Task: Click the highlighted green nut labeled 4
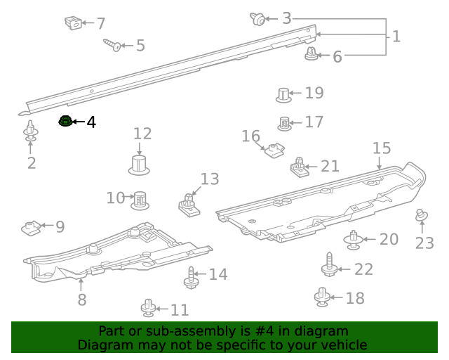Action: [65, 122]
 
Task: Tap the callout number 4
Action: [91, 122]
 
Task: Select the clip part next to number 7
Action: [72, 23]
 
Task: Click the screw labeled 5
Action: [112, 45]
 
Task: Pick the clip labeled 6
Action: [311, 53]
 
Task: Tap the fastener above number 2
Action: [31, 131]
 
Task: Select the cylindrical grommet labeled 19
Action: [283, 94]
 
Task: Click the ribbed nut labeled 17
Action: [285, 123]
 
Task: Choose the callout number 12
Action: [142, 134]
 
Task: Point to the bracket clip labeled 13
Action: [187, 203]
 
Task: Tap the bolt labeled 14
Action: [191, 276]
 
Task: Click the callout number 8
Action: [82, 300]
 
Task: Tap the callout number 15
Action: [381, 148]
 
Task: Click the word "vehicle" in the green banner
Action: [342, 345]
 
